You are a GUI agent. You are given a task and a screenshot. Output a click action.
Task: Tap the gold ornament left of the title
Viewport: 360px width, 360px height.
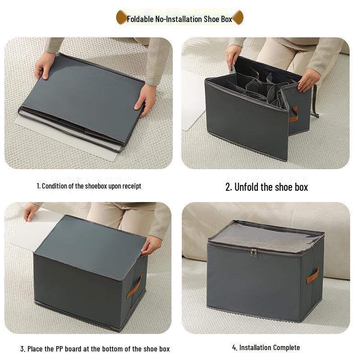click(121, 18)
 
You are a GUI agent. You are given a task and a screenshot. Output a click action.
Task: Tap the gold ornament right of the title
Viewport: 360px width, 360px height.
click(238, 18)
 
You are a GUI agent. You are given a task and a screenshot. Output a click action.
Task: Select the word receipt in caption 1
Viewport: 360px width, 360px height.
click(131, 186)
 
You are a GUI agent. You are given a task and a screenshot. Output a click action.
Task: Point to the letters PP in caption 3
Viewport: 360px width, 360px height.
click(60, 349)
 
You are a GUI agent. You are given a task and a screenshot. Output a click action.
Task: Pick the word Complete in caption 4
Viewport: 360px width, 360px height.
click(286, 347)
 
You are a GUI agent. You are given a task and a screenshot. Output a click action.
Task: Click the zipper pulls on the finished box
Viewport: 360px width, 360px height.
click(254, 252)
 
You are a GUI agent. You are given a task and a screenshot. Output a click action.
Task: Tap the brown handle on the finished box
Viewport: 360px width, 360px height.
click(313, 275)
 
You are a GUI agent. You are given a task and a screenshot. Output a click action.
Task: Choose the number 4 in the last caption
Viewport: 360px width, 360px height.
click(234, 347)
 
